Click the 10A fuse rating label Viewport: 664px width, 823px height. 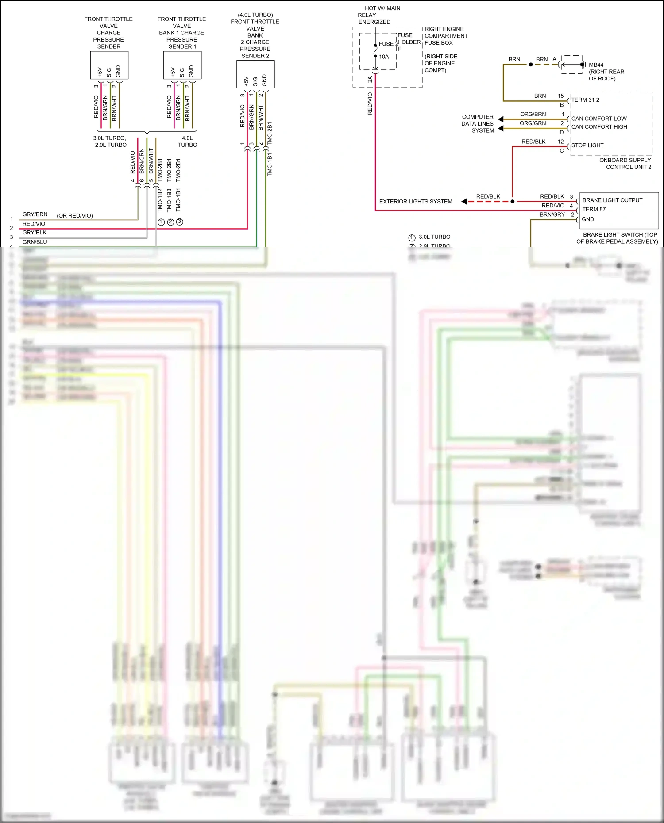384,57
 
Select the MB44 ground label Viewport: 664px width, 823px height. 596,65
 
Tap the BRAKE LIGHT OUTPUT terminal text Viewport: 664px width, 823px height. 612,200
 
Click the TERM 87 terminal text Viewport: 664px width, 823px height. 594,210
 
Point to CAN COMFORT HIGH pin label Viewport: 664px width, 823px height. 599,127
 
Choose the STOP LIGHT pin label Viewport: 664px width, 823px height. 587,145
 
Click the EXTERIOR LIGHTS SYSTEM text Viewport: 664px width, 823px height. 416,202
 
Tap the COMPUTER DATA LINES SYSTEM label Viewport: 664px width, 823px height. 477,124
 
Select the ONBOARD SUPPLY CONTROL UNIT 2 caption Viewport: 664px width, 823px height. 625,164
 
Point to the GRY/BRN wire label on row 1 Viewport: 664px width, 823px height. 35,214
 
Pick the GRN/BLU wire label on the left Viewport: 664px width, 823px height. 35,242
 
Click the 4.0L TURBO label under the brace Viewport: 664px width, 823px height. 187,142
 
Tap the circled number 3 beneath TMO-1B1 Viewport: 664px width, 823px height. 179,222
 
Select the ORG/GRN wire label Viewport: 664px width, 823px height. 533,123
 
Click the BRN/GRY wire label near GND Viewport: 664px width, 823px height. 552,215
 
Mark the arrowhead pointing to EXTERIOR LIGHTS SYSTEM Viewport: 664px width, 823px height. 464,202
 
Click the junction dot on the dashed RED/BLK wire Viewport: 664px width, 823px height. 513,202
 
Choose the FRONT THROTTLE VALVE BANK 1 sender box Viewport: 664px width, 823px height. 182,65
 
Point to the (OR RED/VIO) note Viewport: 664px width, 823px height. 75,216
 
